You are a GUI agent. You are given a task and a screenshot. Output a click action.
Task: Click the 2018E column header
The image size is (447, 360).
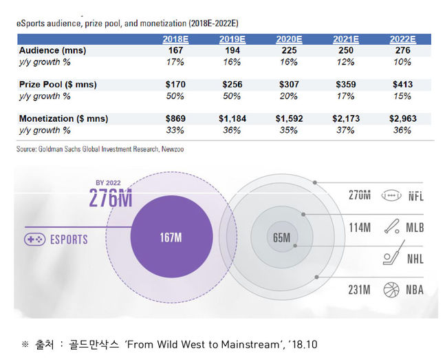pos(176,39)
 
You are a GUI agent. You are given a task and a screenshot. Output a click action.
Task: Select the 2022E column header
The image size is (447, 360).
pos(403,39)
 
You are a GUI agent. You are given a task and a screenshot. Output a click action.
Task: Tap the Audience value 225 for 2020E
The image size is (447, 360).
pos(290,51)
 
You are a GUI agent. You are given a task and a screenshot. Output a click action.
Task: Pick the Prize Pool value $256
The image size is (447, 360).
pos(233,85)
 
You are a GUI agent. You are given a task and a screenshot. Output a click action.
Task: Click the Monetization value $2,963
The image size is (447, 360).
pos(403,118)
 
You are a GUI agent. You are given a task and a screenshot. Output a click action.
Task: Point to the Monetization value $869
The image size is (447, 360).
pos(176,118)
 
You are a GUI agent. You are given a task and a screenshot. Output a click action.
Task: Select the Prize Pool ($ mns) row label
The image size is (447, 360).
pos(58,85)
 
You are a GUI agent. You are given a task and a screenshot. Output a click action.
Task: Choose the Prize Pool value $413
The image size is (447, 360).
pos(403,85)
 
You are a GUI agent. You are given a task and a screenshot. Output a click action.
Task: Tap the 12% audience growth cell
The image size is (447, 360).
pos(347,61)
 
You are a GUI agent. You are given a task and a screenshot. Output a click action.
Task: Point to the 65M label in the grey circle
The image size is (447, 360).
pos(281,238)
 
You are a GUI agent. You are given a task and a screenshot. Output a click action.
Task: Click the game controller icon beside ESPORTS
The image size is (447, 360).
pos(35,240)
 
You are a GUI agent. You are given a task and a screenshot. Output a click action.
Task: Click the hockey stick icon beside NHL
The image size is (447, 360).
pos(390,259)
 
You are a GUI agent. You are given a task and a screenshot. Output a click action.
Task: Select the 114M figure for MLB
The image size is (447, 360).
pos(360,226)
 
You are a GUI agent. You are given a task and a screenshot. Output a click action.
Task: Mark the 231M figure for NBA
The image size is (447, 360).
pos(360,290)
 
